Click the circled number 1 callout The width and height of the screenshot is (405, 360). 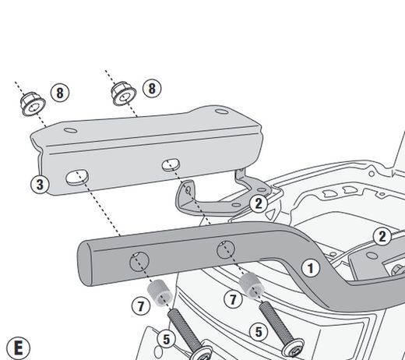click(x=311, y=268)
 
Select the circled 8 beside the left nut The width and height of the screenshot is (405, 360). click(x=60, y=94)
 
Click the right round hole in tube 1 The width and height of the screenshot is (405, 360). click(x=225, y=249)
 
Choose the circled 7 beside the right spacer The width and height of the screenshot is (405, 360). click(x=232, y=298)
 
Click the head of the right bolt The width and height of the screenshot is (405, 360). click(x=294, y=344)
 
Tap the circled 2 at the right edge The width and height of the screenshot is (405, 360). click(x=382, y=237)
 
